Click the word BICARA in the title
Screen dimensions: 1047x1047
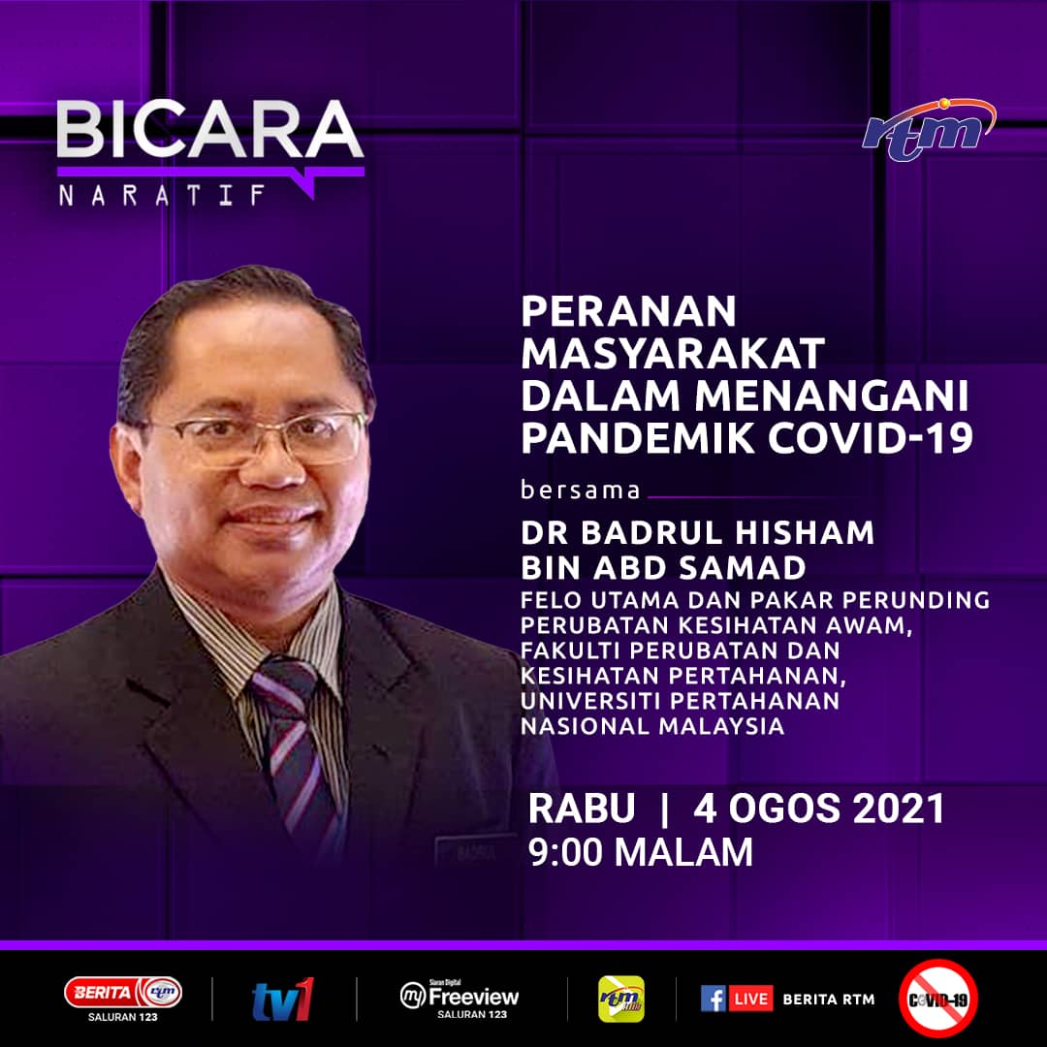210,130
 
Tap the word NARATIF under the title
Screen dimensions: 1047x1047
162,195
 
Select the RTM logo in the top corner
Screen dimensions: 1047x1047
929,130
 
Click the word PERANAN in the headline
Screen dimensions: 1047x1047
628,311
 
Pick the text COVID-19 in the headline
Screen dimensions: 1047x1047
870,438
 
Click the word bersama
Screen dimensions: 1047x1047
581,491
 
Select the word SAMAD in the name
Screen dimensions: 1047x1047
743,568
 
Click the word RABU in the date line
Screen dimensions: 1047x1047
581,808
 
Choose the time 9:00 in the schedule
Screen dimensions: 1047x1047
565,852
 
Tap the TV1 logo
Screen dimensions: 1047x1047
283,999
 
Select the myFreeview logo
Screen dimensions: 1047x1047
460,999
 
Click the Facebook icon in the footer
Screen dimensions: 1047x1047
714,999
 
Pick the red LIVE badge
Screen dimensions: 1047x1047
751,999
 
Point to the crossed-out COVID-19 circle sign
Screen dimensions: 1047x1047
937,999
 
